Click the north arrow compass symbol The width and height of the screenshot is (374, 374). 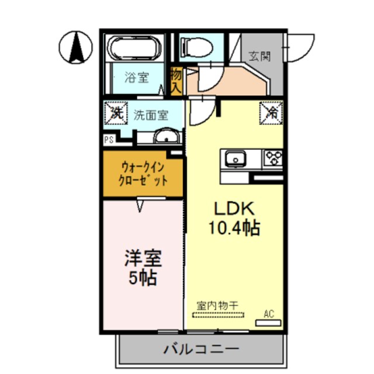pos(76,47)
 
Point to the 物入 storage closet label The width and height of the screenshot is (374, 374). pos(176,81)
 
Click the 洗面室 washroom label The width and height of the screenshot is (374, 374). pos(151,115)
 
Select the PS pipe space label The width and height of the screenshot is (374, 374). pos(109,140)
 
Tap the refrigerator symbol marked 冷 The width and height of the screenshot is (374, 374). pos(272,110)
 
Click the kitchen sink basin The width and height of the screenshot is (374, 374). pos(235,158)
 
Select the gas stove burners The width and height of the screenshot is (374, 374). pos(273,157)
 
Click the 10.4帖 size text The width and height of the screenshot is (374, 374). pos(234,228)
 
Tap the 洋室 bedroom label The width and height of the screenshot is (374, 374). pos(143,258)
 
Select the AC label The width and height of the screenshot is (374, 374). pos(268,314)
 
